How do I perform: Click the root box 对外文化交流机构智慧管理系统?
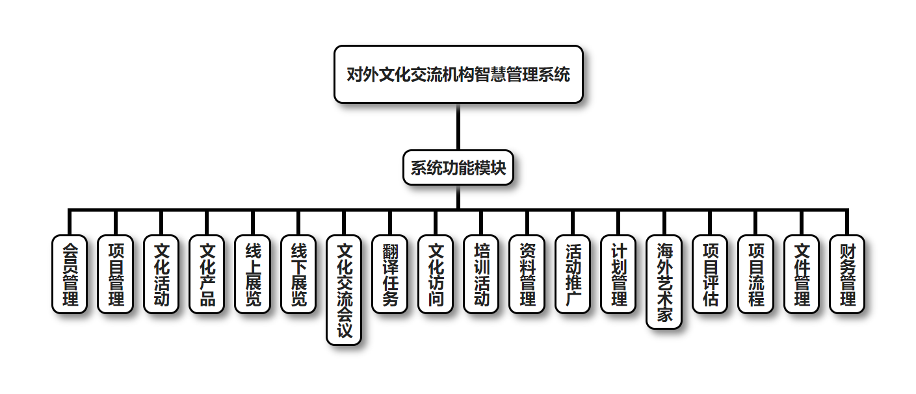[458, 74]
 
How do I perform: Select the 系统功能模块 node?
[458, 167]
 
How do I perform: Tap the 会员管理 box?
[70, 274]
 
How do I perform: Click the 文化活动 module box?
[161, 274]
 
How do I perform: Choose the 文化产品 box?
[207, 274]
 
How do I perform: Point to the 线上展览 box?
[253, 274]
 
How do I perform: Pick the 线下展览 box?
[298, 274]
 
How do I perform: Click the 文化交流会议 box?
[344, 289]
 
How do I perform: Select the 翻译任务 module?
[390, 274]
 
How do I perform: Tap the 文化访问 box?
[436, 274]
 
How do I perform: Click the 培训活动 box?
[482, 274]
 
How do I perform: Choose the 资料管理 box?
[527, 274]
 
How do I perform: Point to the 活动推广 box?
[573, 274]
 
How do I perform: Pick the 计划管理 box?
[619, 274]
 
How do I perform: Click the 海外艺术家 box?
[664, 282]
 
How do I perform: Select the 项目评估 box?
[710, 274]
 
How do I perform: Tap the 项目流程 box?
[756, 274]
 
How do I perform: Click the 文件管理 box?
[802, 274]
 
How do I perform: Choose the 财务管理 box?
[848, 274]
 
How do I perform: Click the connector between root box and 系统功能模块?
[458, 127]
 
